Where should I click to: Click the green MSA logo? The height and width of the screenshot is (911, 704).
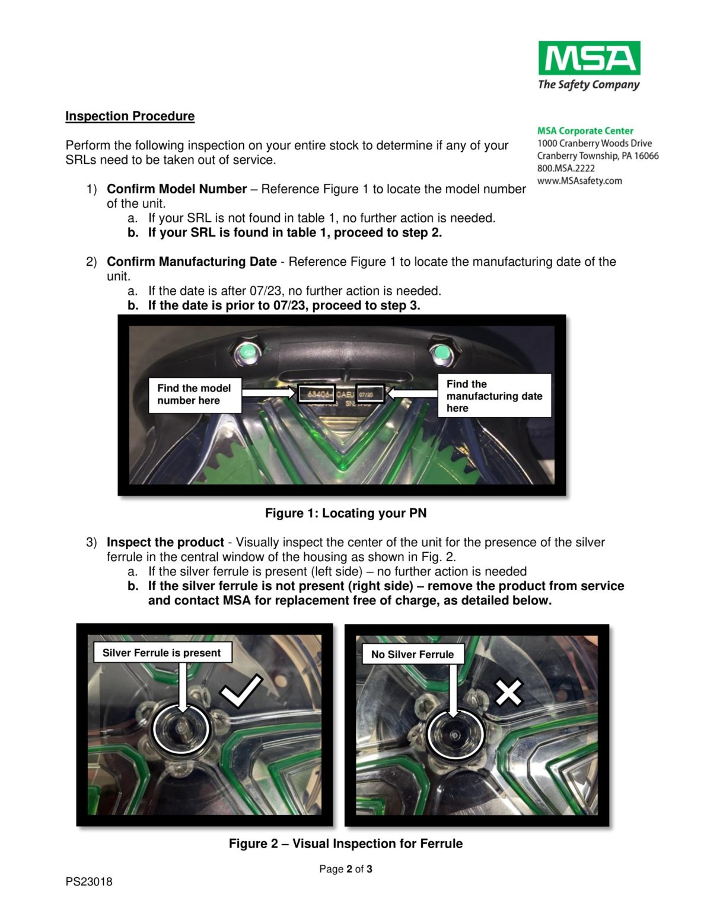(x=588, y=58)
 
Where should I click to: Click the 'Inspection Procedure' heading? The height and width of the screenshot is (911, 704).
(x=130, y=116)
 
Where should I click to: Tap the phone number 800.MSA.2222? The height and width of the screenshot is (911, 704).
(x=565, y=168)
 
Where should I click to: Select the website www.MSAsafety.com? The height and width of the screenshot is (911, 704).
(x=579, y=181)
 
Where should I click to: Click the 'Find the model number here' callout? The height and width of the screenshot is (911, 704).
(x=195, y=394)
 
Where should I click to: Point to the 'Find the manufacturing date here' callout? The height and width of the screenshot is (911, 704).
(x=494, y=396)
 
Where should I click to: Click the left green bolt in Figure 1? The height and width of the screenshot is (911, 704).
(x=246, y=354)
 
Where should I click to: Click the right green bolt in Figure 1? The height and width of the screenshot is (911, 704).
(x=440, y=354)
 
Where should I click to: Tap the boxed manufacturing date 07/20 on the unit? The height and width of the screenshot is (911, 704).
(x=369, y=393)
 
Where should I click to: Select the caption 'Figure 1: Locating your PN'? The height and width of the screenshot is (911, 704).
(x=345, y=513)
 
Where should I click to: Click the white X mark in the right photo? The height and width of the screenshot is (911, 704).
(x=508, y=692)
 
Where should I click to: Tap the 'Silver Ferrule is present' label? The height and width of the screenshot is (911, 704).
(x=161, y=652)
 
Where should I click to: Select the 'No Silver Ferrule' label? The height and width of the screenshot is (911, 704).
(x=412, y=654)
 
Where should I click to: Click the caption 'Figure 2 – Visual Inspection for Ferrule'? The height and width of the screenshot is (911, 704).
(x=345, y=843)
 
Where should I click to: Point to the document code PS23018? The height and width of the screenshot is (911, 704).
(x=89, y=881)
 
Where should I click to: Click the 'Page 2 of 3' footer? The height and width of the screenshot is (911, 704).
(x=345, y=869)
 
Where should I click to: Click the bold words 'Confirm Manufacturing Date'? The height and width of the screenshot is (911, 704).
(x=192, y=262)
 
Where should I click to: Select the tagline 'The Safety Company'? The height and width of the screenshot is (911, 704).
(x=588, y=85)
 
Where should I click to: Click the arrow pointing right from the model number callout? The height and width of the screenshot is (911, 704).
(x=269, y=393)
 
